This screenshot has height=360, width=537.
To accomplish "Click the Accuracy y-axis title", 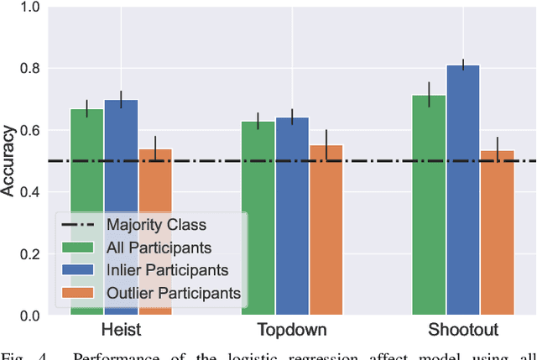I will pos(8,161).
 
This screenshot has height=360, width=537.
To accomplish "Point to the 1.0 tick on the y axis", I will pos(29,7).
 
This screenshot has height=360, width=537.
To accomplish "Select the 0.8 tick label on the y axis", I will pos(29,69).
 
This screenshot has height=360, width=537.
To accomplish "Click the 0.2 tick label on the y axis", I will pos(29,254).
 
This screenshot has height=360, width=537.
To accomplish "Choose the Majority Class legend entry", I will pos(155,225).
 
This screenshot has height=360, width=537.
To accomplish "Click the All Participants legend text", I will pos(159,248).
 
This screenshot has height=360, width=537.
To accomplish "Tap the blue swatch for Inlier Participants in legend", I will pos(79,270).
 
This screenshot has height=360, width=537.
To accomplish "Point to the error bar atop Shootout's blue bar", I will pos(463,65).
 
